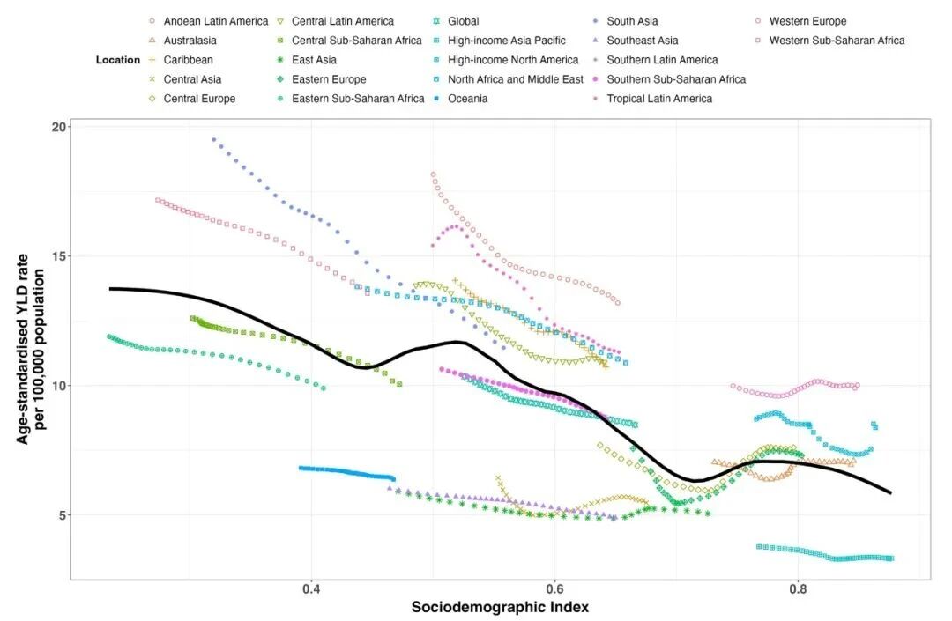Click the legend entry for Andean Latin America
pyautogui.click(x=216, y=21)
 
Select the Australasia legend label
pyautogui.click(x=190, y=41)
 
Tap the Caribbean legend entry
pyautogui.click(x=189, y=60)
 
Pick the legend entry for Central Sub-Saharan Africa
pyautogui.click(x=356, y=41)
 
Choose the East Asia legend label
pyautogui.click(x=314, y=60)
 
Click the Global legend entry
pyautogui.click(x=464, y=21)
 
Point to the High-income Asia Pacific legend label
pyautogui.click(x=506, y=41)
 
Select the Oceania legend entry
pyautogui.click(x=467, y=99)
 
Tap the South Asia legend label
pyautogui.click(x=632, y=21)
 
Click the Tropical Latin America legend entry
pyautogui.click(x=659, y=99)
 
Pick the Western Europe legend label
pyautogui.click(x=807, y=21)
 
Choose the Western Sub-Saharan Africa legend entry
pyautogui.click(x=837, y=41)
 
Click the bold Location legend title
pyautogui.click(x=118, y=60)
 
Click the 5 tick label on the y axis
pyautogui.click(x=62, y=515)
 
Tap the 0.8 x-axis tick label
pyautogui.click(x=798, y=589)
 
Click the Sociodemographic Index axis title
pyautogui.click(x=500, y=607)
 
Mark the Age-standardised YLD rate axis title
pyautogui.click(x=30, y=349)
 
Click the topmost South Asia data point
pyautogui.click(x=213, y=139)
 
